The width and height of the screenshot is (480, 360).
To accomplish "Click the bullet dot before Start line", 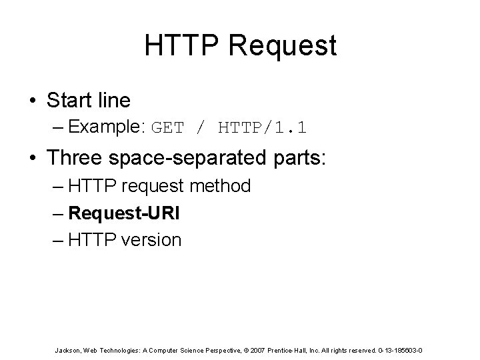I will tap(32, 101).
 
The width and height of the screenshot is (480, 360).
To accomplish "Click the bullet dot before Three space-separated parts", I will tap(32, 158).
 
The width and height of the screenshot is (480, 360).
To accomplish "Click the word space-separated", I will tap(191, 159).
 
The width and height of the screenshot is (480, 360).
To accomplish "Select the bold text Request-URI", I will tap(123, 213).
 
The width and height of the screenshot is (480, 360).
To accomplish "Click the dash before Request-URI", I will tap(58, 213).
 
